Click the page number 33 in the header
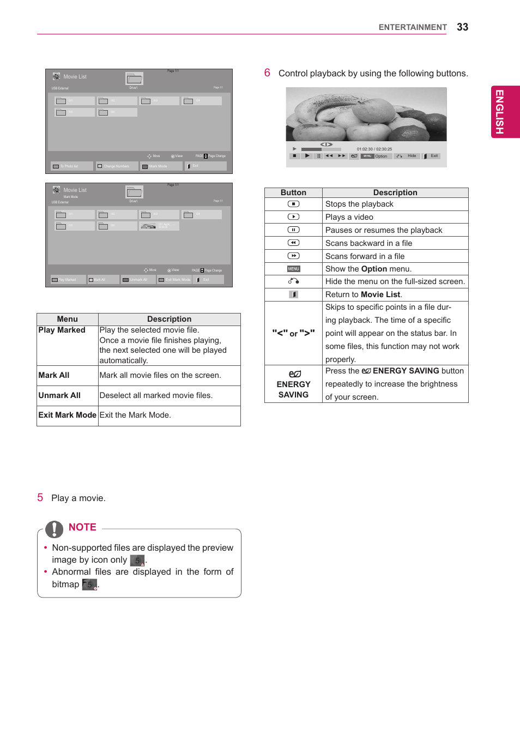point(462,27)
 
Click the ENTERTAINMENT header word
point(412,27)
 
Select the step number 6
point(267,73)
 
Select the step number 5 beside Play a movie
point(40,497)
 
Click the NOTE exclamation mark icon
point(54,529)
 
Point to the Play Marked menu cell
point(62,330)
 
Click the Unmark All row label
point(59,395)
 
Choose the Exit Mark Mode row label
point(67,415)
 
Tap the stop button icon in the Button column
point(293,204)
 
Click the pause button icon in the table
point(293,230)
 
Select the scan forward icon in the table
point(293,256)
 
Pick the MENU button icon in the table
point(293,269)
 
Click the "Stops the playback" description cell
point(359,204)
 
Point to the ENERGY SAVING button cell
point(293,384)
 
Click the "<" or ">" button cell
point(293,333)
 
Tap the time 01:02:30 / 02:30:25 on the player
point(374,149)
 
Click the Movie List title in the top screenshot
point(75,77)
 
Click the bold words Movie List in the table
point(380,294)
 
